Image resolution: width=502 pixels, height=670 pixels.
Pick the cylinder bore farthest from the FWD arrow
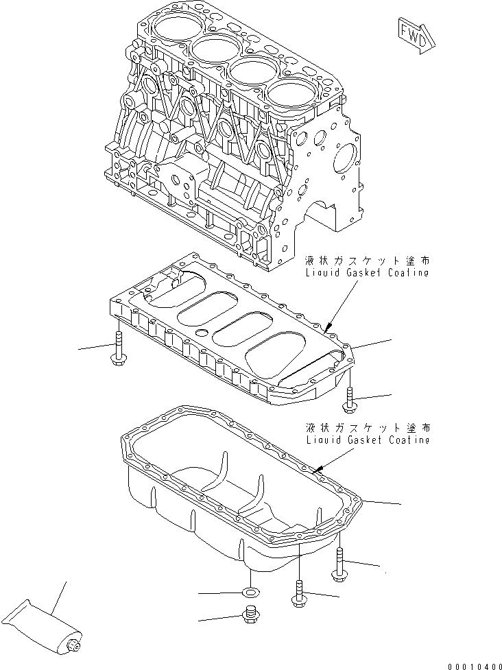tap(172, 29)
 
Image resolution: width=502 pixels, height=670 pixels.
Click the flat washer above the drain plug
tap(251, 591)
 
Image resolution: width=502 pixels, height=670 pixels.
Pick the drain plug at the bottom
tap(251, 617)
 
